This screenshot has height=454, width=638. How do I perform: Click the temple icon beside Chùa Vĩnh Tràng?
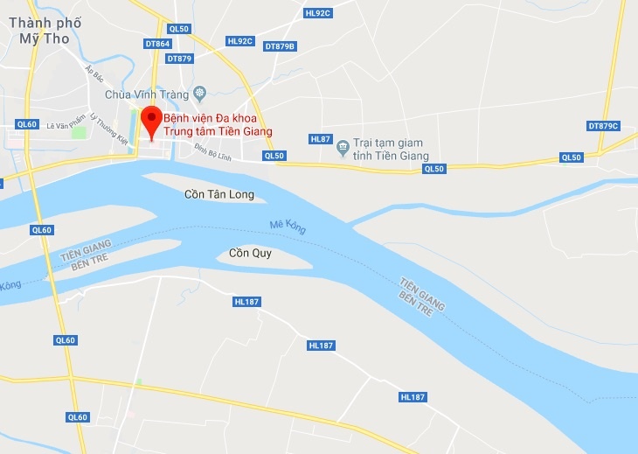(x=200, y=92)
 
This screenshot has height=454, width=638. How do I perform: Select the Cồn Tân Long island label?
(x=219, y=194)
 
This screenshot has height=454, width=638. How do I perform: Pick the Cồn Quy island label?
(x=250, y=254)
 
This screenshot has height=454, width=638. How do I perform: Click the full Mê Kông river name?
(x=288, y=227)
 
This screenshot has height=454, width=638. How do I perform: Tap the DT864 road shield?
(x=157, y=43)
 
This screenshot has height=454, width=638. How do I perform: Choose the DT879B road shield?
(x=280, y=46)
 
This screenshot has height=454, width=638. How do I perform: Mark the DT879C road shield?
(x=602, y=126)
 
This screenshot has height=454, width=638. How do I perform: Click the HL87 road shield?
(x=321, y=139)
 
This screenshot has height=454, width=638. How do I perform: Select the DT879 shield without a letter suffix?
(x=179, y=59)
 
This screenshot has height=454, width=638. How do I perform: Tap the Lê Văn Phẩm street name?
(x=65, y=125)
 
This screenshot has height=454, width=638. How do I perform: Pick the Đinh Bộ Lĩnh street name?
(x=212, y=151)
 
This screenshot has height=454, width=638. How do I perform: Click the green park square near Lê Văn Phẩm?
(x=79, y=133)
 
